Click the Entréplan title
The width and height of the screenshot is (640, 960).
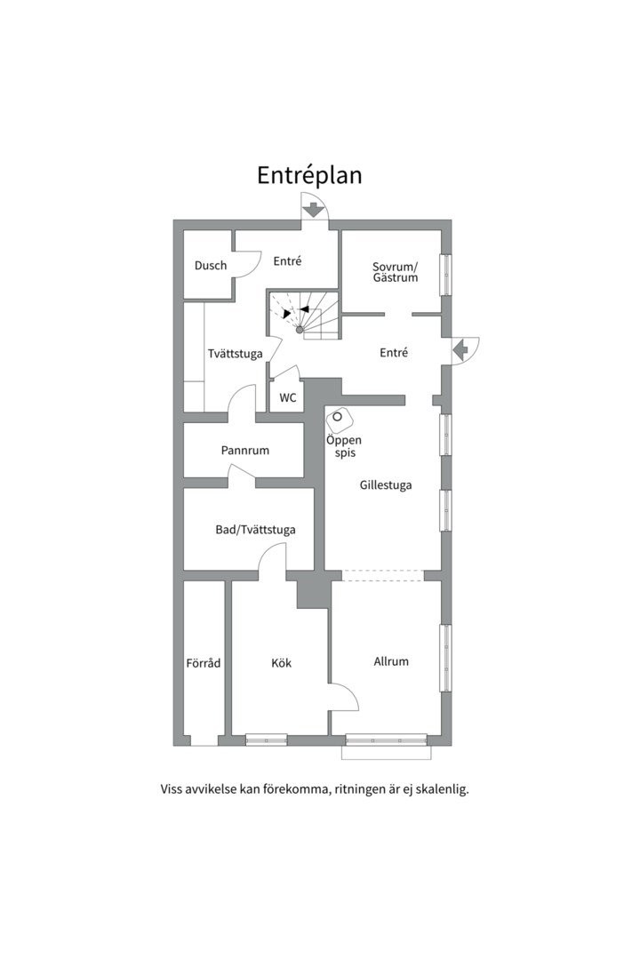point(309,176)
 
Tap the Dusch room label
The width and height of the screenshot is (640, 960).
point(211,265)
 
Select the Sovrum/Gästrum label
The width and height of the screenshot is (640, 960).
point(395,272)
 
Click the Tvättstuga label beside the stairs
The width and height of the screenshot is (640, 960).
point(236,354)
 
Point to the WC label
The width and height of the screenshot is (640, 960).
point(288,397)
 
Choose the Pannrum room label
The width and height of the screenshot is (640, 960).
point(245,450)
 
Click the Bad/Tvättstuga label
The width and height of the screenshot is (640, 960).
point(255,530)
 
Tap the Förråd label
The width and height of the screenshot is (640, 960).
point(204,662)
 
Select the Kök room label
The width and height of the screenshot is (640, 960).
point(281,662)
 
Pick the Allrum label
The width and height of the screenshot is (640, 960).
point(391,661)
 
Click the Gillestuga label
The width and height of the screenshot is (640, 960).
point(385,485)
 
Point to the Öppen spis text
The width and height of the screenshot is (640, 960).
point(344,446)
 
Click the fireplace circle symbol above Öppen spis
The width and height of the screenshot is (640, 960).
point(337,417)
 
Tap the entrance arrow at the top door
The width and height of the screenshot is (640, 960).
point(314,211)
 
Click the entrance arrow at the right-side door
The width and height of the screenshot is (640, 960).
point(460,350)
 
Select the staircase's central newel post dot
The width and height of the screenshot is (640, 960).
point(300,330)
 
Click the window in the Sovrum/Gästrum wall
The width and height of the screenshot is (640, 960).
point(446,275)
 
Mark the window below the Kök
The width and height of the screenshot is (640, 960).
point(267,740)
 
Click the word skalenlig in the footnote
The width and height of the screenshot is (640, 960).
point(443,789)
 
